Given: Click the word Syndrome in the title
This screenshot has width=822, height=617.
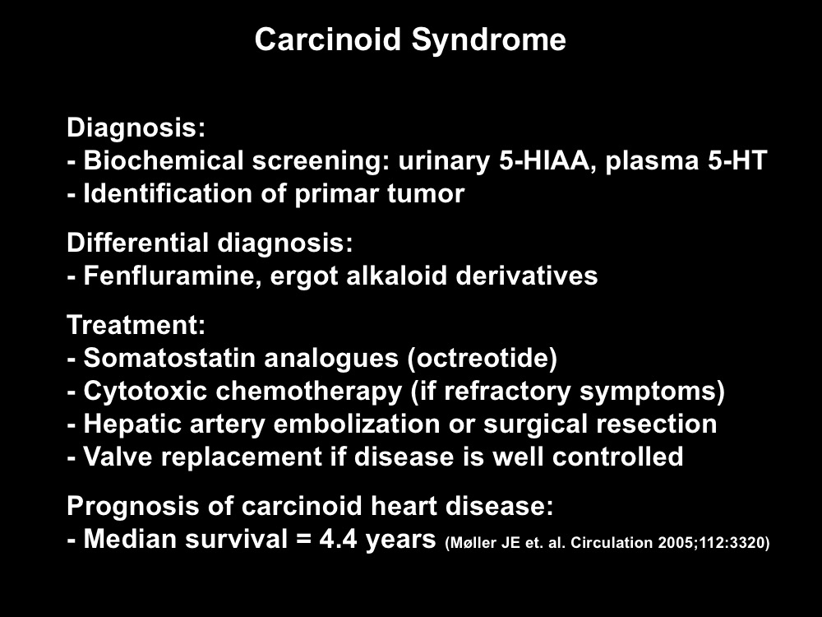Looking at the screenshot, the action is (488, 40).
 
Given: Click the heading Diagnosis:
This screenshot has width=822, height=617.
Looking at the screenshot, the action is (136, 128).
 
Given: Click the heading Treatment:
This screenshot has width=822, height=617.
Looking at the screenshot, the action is (136, 325).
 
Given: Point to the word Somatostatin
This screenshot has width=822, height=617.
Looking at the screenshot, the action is (170, 358).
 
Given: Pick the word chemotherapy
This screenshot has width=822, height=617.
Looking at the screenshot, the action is (309, 392).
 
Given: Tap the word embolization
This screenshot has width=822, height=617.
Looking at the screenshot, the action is (357, 424).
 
